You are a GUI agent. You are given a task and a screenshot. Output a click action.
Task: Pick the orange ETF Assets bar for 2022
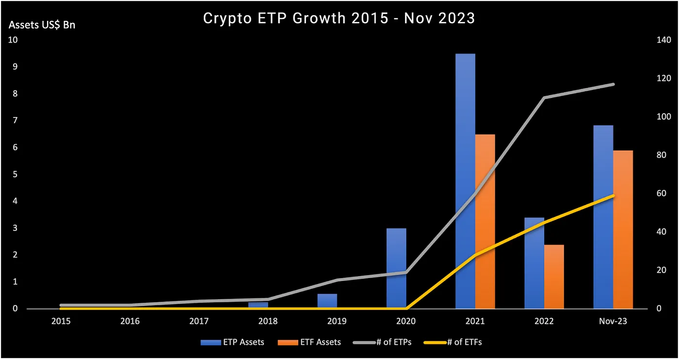tap(554, 277)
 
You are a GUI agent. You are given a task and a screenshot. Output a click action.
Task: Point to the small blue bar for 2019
tap(327, 301)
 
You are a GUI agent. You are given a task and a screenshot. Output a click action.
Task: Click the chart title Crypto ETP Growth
tap(339, 18)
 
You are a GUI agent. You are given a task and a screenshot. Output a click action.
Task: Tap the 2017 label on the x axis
tap(199, 321)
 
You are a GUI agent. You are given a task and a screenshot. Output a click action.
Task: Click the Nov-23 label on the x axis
tap(613, 321)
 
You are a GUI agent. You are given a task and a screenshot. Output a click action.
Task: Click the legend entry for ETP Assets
tap(233, 342)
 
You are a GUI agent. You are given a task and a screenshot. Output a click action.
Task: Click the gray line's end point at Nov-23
tap(614, 84)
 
